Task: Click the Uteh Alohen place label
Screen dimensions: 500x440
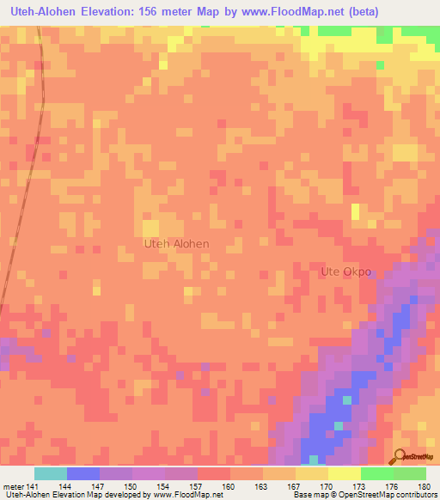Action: (x=175, y=243)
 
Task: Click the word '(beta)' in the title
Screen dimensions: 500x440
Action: (x=358, y=13)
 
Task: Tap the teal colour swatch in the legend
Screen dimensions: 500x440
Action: (x=50, y=473)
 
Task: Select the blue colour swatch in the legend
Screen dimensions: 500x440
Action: (x=82, y=473)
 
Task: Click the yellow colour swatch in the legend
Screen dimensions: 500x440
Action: (x=344, y=473)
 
